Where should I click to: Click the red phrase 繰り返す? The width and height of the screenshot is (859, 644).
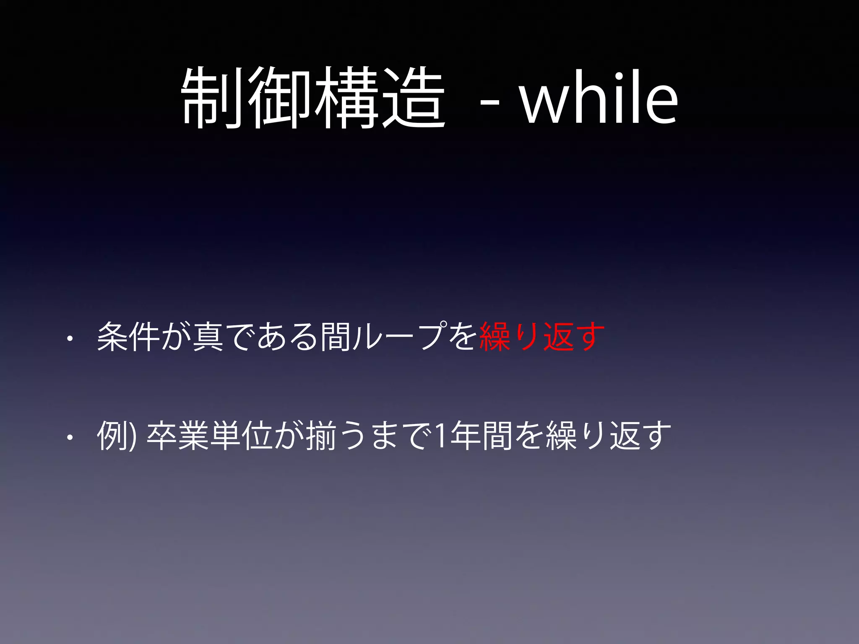(541, 337)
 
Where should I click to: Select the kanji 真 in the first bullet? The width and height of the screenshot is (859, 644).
(208, 337)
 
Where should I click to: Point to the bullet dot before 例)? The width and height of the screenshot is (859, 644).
(70, 438)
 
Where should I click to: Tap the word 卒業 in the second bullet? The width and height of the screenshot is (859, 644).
(178, 436)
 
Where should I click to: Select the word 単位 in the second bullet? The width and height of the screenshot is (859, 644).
(242, 436)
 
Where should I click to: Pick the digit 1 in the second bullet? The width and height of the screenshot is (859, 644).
(440, 436)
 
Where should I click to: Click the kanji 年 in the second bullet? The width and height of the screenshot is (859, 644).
(465, 436)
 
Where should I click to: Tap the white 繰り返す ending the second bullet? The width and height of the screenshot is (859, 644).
(608, 436)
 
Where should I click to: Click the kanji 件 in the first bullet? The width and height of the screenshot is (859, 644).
(144, 337)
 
